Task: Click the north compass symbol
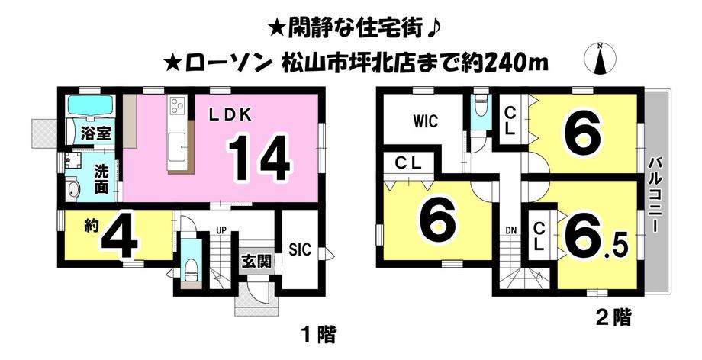601,57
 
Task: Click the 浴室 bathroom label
97,133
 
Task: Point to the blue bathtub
90,105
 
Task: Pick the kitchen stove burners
178,106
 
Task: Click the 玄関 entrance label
256,260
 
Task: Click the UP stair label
221,230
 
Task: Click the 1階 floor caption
317,333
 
